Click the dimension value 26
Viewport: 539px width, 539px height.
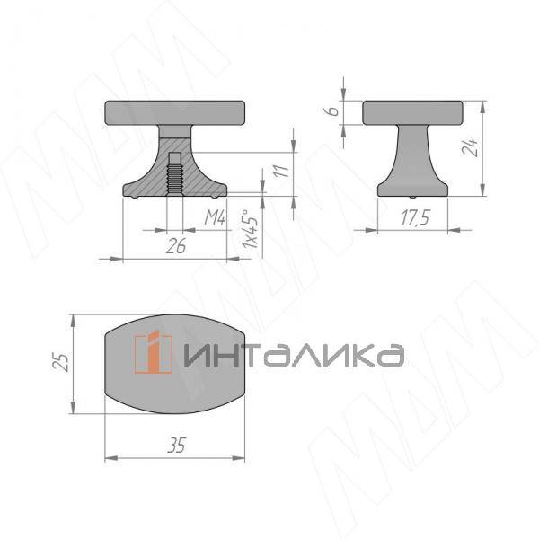pos(176,246)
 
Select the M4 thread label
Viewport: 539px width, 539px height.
pos(213,217)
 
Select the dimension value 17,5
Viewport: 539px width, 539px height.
pos(413,217)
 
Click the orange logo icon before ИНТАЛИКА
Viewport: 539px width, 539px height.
pos(154,352)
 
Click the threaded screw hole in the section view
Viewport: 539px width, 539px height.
pos(174,171)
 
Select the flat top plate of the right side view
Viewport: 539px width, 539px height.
pos(412,112)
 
